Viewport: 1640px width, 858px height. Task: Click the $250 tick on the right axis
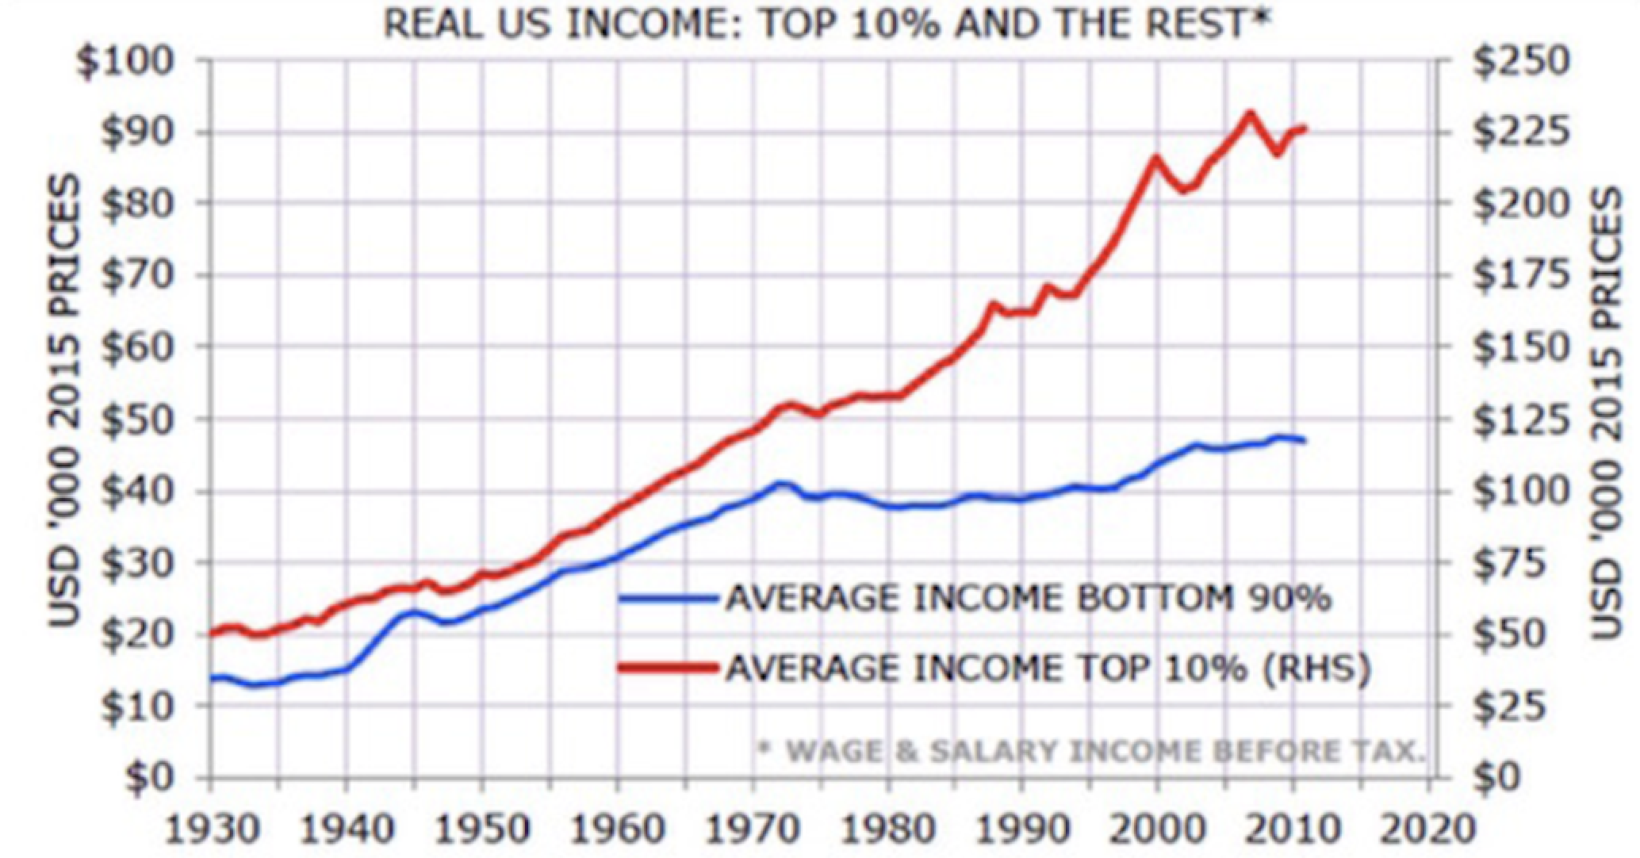pyautogui.click(x=1521, y=62)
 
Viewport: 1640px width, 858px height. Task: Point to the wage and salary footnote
pyautogui.click(x=1090, y=750)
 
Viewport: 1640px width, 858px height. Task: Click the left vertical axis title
pyautogui.click(x=67, y=400)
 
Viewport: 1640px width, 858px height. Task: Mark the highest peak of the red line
pyautogui.click(x=1251, y=113)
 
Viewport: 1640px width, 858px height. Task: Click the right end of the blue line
pyautogui.click(x=1304, y=440)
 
